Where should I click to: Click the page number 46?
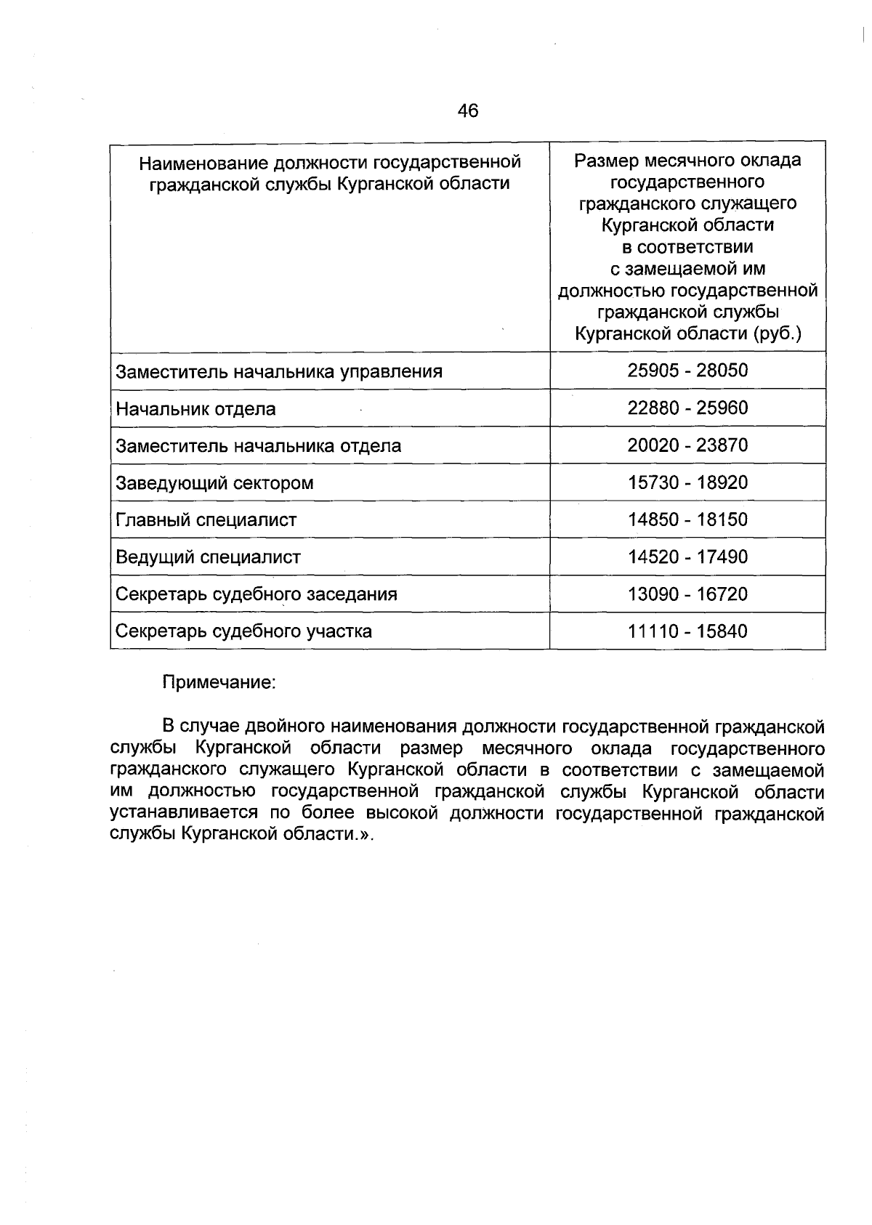pos(468,111)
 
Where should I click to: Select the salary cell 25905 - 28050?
pos(687,371)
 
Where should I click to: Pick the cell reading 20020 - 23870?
pos(687,445)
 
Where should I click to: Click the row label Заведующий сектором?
pos(215,483)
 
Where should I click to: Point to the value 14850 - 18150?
pos(687,519)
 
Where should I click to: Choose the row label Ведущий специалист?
pos(209,557)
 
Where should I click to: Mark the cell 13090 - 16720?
pos(687,594)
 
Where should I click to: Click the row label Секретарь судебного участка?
pos(244,631)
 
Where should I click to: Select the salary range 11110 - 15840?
pos(687,631)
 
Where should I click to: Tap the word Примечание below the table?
pos(219,683)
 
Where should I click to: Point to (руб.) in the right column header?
pos(777,334)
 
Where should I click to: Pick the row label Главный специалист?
pos(206,520)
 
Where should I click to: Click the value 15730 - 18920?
pos(687,482)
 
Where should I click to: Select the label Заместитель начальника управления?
pos(279,372)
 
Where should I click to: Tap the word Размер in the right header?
pos(602,160)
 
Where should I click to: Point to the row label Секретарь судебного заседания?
pos(257,594)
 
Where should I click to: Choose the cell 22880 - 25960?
pos(687,408)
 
